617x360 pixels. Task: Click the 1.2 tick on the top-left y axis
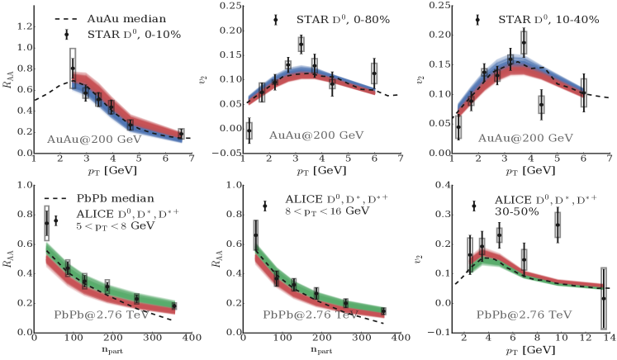coord(20,26)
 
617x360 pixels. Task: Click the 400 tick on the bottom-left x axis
coord(191,337)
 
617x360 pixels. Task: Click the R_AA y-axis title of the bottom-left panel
coord(7,263)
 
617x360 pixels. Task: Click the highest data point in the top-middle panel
coord(301,43)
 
